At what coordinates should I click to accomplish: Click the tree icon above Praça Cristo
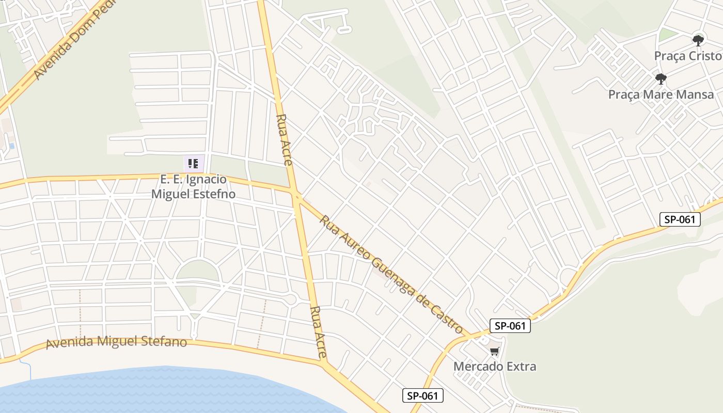click(x=698, y=40)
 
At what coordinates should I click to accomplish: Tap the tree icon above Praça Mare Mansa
click(x=661, y=79)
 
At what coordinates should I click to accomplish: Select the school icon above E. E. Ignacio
click(x=194, y=164)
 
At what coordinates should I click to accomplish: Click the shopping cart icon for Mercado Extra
click(x=494, y=352)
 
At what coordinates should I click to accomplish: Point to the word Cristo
click(x=707, y=56)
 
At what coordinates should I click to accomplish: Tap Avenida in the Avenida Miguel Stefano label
click(x=69, y=343)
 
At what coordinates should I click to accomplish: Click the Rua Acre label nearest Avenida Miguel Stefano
click(x=318, y=332)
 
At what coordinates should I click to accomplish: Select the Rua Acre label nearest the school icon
click(x=285, y=139)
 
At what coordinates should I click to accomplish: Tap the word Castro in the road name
click(x=445, y=316)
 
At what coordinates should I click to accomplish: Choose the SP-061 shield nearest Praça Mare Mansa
click(x=680, y=219)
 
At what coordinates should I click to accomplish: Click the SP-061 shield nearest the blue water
click(x=422, y=396)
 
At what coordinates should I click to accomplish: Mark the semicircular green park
click(x=198, y=271)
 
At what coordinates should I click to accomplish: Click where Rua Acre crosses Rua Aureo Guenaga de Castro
click(x=296, y=195)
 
